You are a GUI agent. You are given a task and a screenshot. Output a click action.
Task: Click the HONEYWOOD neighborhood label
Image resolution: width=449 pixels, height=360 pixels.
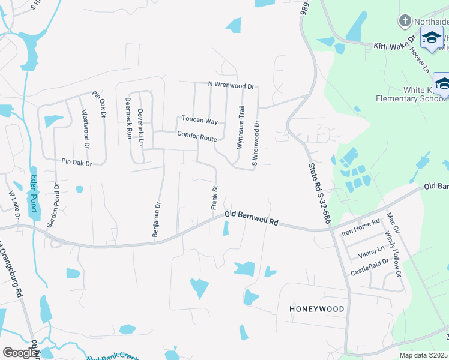pos(317,309)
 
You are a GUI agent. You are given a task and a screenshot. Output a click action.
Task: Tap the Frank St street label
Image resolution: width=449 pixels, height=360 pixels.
pos(214,197)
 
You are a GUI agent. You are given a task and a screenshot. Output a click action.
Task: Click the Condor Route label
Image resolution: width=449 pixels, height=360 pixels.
pos(196,137)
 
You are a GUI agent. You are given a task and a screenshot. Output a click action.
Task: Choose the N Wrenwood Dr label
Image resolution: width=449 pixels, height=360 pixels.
pos(231,85)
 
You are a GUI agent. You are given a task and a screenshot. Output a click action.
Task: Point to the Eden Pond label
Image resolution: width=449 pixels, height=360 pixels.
pos(34,193)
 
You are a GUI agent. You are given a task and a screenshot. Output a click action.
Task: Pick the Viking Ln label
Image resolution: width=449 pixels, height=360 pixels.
pos(372,251)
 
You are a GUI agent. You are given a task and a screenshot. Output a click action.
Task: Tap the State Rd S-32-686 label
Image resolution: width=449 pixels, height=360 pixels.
pos(319,193)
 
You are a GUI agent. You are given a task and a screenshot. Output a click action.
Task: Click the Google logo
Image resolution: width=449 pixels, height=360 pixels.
pos(20,352)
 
